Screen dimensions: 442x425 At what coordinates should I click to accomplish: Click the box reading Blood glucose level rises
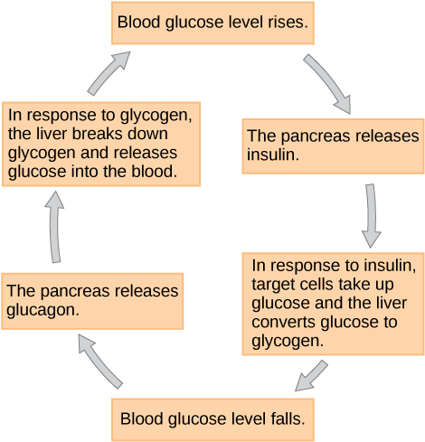pyautogui.click(x=213, y=23)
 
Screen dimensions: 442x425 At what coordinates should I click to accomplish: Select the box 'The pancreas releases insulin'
pyautogui.click(x=333, y=146)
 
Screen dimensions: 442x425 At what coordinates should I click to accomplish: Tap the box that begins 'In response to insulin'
pyautogui.click(x=332, y=303)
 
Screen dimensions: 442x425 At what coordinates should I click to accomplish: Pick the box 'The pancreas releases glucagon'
pyautogui.click(x=93, y=299)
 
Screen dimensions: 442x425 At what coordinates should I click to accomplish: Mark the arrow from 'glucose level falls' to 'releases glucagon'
pyautogui.click(x=100, y=359)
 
